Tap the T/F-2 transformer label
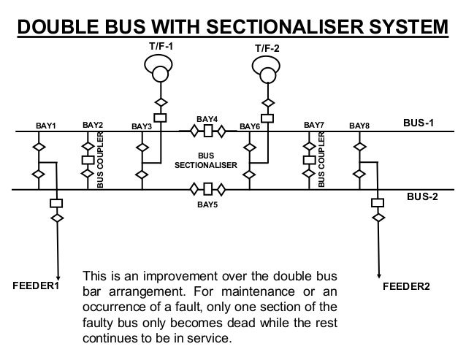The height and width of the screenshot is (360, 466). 267,48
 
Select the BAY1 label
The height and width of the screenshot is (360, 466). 46,126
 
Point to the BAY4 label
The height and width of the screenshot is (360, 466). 207,118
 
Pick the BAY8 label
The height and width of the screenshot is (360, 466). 359,126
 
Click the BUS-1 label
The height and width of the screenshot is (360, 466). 419,123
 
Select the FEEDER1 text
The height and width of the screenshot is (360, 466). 35,285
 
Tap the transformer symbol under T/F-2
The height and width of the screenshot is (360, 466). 267,73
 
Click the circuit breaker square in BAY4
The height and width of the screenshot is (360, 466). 207,132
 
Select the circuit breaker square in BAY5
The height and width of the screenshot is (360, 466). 207,189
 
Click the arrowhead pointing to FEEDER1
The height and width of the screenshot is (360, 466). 56,271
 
